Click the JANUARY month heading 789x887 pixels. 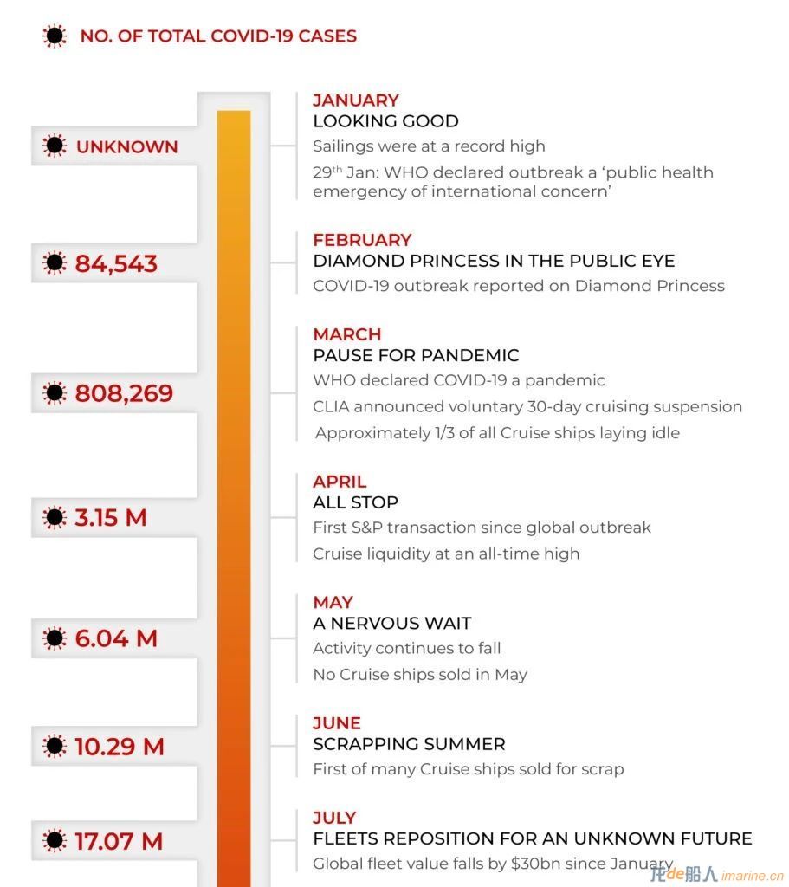pyautogui.click(x=356, y=100)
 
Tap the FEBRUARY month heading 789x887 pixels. pyautogui.click(x=362, y=240)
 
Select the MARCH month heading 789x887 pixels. pyautogui.click(x=347, y=334)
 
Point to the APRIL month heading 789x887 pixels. pyautogui.click(x=340, y=482)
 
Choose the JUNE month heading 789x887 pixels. pyautogui.click(x=337, y=723)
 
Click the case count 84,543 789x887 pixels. pyautogui.click(x=116, y=263)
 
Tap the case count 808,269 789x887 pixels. pyautogui.click(x=124, y=393)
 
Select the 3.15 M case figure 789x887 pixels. pyautogui.click(x=111, y=518)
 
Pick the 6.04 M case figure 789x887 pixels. pyautogui.click(x=116, y=638)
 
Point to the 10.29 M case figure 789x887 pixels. pyautogui.click(x=120, y=747)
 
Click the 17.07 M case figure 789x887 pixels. pyautogui.click(x=119, y=841)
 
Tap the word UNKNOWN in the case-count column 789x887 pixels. pyautogui.click(x=126, y=147)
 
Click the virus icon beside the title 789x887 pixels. pyautogui.click(x=55, y=36)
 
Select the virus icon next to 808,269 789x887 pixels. pyautogui.click(x=55, y=393)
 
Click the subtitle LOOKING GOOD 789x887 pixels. pyautogui.click(x=385, y=121)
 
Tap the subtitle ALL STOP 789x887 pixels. pyautogui.click(x=355, y=502)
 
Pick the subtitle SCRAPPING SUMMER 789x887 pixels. pyautogui.click(x=409, y=744)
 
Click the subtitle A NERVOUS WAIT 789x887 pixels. pyautogui.click(x=392, y=623)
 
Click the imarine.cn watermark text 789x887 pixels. pyautogui.click(x=753, y=876)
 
